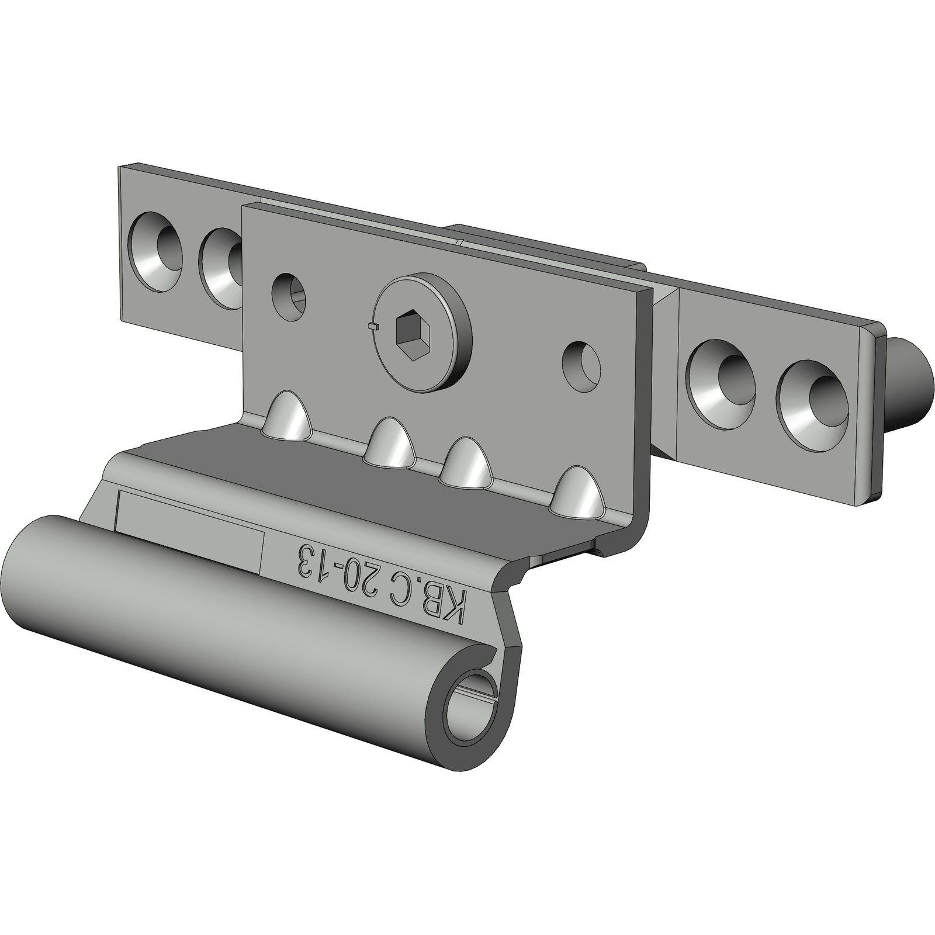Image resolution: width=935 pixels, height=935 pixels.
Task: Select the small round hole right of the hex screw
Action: point(581,366)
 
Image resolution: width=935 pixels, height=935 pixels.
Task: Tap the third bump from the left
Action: point(467,463)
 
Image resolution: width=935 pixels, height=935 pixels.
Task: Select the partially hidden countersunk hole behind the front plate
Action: point(221,268)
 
